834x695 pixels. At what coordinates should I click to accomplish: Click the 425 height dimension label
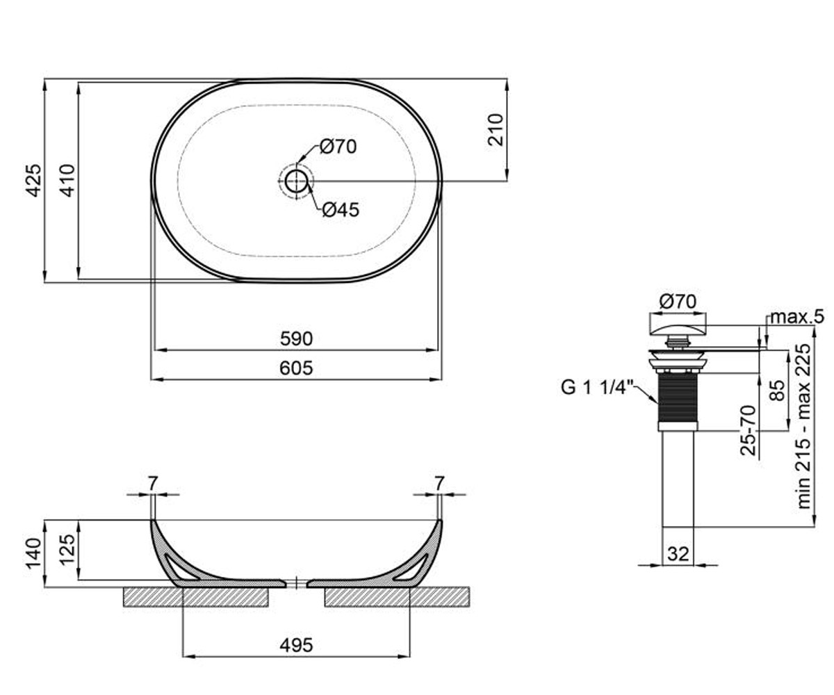pos(34,180)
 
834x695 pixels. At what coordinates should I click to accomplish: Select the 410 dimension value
pos(67,180)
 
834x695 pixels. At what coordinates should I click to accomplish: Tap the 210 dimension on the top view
pos(496,130)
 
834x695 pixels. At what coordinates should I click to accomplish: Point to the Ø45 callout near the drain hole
pos(341,210)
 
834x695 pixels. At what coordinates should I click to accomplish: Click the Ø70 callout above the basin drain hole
pos(338,147)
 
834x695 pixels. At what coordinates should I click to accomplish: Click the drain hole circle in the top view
pos(296,181)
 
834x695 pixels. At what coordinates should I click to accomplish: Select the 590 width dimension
pos(296,338)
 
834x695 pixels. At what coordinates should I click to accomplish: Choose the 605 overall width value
pos(296,368)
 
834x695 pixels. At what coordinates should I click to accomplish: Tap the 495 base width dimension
pos(296,645)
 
